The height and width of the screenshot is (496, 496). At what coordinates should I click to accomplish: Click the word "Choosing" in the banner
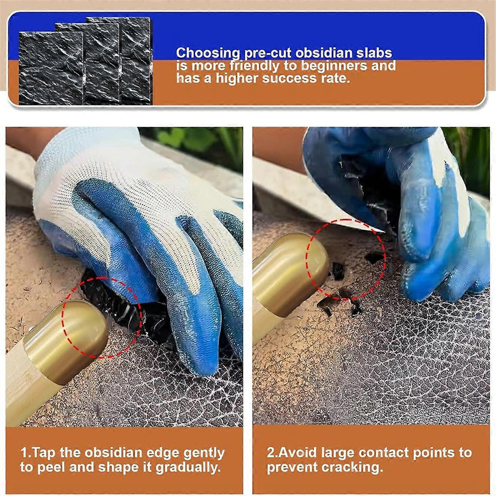coord(208,53)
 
